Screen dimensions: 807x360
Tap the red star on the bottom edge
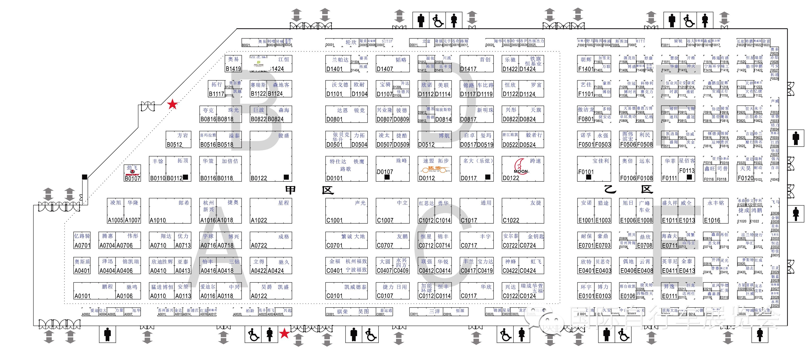(x=284, y=333)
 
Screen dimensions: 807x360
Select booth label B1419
(x=233, y=69)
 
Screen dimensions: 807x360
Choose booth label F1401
(x=586, y=69)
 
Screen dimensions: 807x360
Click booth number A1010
(x=157, y=220)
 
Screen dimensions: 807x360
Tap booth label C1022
(x=511, y=220)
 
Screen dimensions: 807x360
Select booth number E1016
(x=712, y=220)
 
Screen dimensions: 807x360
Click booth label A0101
(x=82, y=296)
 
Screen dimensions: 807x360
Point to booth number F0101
(x=586, y=172)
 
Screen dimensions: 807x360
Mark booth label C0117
(x=469, y=296)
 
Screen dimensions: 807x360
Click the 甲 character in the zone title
(x=290, y=190)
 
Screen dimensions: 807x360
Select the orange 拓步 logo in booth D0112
(x=435, y=169)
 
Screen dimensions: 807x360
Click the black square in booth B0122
(x=286, y=177)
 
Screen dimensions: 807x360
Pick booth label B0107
(x=132, y=178)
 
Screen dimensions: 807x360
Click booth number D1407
(x=385, y=69)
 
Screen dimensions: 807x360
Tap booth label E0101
(x=586, y=296)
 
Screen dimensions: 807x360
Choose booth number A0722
(x=259, y=245)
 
